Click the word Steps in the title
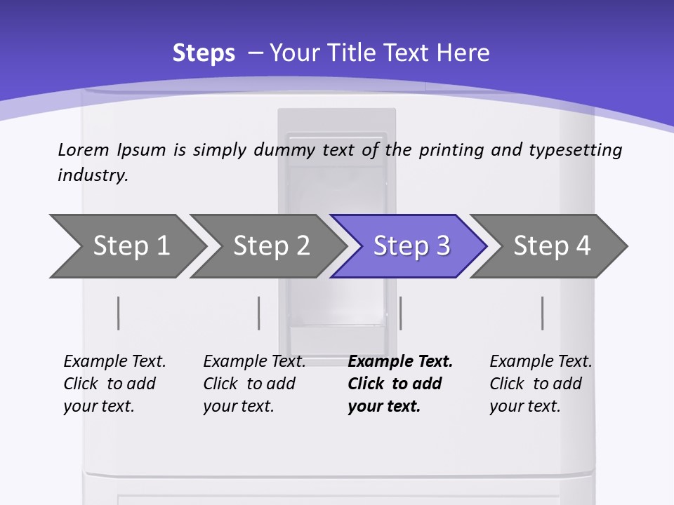pyautogui.click(x=204, y=53)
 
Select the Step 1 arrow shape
pyautogui.click(x=126, y=246)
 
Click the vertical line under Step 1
pyautogui.click(x=119, y=313)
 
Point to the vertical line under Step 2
pyautogui.click(x=259, y=313)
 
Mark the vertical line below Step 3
pyautogui.click(x=400, y=313)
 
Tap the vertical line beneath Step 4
pyautogui.click(x=542, y=313)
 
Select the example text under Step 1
pyautogui.click(x=114, y=384)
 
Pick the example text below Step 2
pyautogui.click(x=254, y=384)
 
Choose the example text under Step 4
pyautogui.click(x=541, y=384)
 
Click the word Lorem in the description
pyautogui.click(x=84, y=150)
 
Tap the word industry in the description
pyautogui.click(x=93, y=175)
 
